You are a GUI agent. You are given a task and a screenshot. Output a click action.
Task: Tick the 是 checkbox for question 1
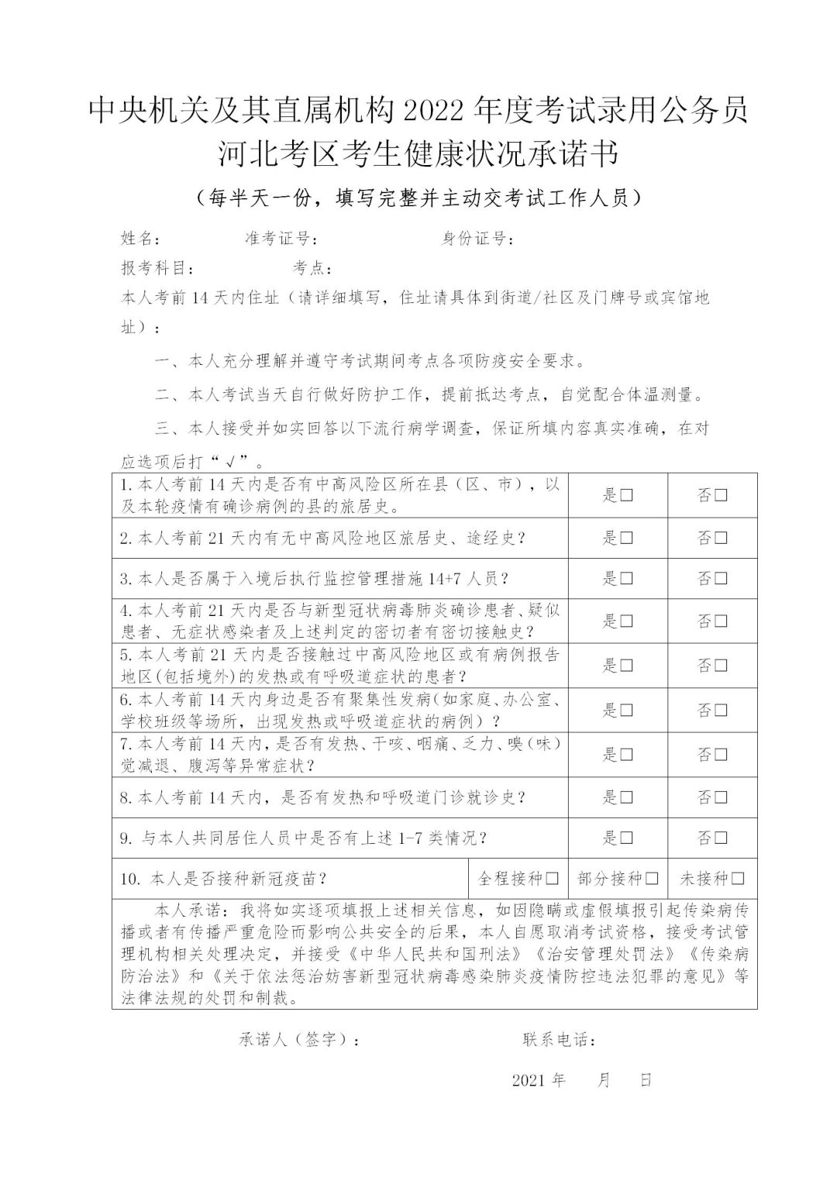coord(626,496)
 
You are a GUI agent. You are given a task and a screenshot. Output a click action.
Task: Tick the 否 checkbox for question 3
coord(721,579)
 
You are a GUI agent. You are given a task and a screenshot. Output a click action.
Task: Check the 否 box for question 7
coord(721,755)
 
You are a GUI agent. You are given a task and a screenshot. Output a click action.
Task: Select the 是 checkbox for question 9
coord(626,838)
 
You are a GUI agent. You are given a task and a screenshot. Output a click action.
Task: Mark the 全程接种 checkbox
coord(553,879)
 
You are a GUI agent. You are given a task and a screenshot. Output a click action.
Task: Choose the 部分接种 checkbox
coord(652,879)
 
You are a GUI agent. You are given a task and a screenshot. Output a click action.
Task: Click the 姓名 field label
coord(140,238)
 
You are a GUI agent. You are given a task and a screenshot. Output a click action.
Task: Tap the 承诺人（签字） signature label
coord(298,1040)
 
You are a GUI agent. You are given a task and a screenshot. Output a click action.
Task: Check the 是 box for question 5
coord(626,666)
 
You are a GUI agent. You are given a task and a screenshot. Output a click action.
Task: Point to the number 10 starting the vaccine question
coord(129,879)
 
